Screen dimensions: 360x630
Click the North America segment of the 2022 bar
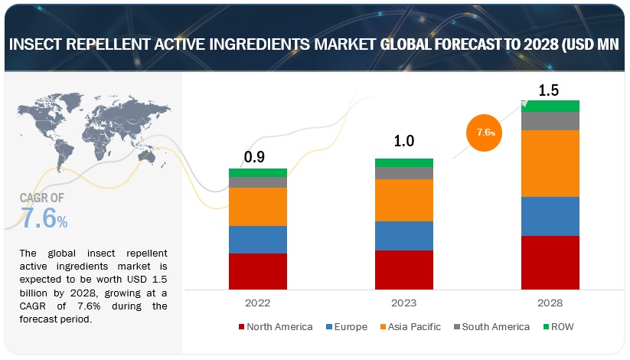(257, 270)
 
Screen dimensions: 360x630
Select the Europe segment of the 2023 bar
(403, 236)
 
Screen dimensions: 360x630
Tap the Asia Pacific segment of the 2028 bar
(550, 163)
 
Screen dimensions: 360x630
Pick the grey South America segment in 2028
(550, 121)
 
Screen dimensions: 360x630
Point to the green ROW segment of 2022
(257, 173)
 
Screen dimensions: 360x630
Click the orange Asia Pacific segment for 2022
(257, 207)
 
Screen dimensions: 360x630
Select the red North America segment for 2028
(550, 262)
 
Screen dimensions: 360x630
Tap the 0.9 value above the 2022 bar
(255, 157)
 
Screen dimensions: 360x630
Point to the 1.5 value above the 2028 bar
(548, 90)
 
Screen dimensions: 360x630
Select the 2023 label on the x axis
(404, 302)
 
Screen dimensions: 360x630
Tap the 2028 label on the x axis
(550, 302)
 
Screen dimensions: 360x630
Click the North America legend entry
(276, 327)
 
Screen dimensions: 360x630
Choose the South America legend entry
(491, 327)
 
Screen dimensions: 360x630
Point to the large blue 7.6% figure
(44, 218)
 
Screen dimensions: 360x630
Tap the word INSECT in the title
(38, 45)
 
